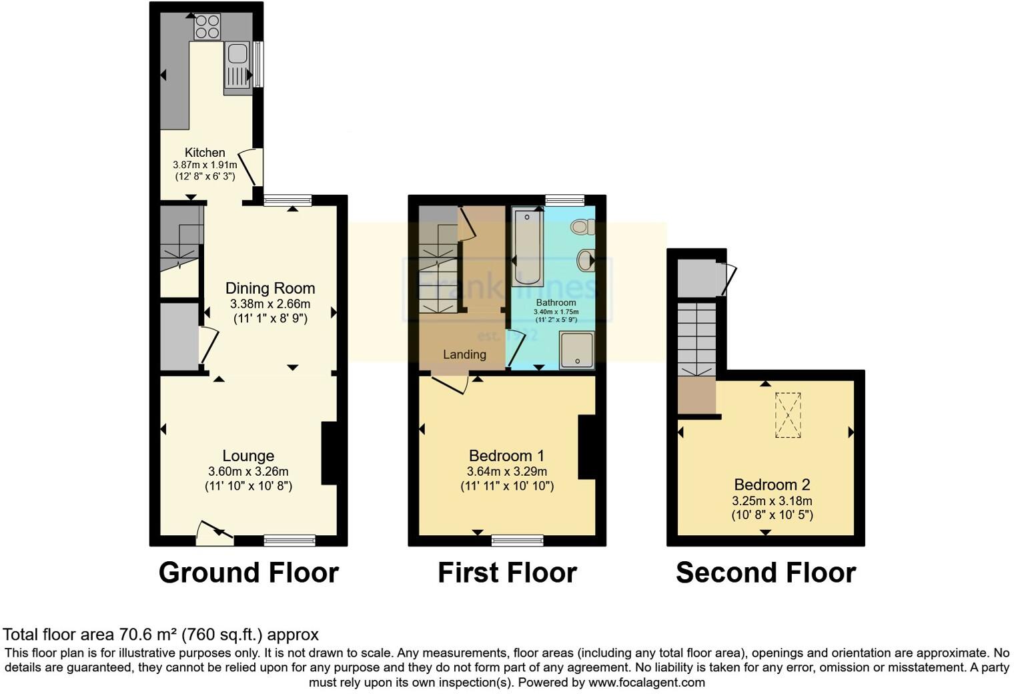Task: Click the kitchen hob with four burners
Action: (207, 26)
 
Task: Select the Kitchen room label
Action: (205, 152)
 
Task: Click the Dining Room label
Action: (270, 288)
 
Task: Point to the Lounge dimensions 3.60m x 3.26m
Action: (248, 471)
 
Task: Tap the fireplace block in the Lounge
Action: (330, 452)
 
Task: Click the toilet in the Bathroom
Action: (582, 227)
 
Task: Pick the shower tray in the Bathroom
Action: (577, 350)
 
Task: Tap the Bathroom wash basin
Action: (586, 260)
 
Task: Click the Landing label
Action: (464, 354)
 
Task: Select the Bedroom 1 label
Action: (506, 456)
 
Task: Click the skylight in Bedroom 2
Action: (788, 415)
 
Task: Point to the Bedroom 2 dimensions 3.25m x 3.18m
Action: (772, 500)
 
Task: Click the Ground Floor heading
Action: (248, 573)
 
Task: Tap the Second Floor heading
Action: (765, 573)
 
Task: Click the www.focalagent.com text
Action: (646, 682)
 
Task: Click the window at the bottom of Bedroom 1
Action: (517, 540)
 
